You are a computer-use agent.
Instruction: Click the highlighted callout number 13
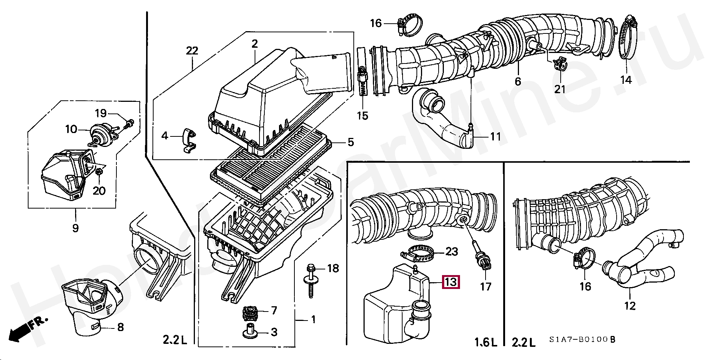pyautogui.click(x=451, y=281)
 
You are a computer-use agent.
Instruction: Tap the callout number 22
pyautogui.click(x=192, y=51)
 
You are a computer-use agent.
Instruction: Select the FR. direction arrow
pyautogui.click(x=26, y=329)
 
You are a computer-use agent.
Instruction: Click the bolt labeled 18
pyautogui.click(x=311, y=282)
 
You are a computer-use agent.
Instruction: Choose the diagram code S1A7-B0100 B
pyautogui.click(x=582, y=340)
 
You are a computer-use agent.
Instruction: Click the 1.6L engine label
pyautogui.click(x=486, y=342)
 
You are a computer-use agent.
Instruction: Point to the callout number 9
pyautogui.click(x=75, y=228)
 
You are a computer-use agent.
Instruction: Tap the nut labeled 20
pyautogui.click(x=100, y=172)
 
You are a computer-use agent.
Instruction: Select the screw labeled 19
pyautogui.click(x=130, y=123)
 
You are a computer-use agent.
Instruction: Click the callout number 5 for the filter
pyautogui.click(x=350, y=142)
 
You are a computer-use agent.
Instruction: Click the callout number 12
pyautogui.click(x=630, y=306)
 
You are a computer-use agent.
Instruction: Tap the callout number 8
pyautogui.click(x=120, y=327)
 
